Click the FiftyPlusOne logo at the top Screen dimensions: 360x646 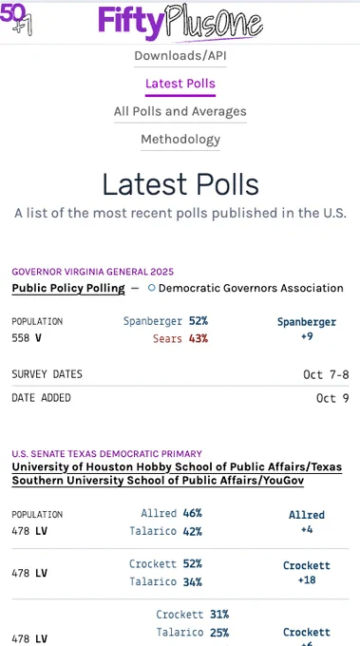tap(180, 22)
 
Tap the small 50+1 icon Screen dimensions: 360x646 tap(16, 19)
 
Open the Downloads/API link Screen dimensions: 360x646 tap(180, 56)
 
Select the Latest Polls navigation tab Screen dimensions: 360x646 tap(180, 84)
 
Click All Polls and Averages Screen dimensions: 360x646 tap(180, 111)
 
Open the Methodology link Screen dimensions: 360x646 tap(180, 140)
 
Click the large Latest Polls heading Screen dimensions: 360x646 tap(180, 184)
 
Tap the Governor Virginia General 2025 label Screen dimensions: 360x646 tap(93, 272)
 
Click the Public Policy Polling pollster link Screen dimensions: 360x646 tap(68, 289)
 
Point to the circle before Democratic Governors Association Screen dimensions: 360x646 tap(152, 288)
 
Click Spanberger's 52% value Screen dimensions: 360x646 tap(199, 321)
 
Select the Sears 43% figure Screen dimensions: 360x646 tap(199, 338)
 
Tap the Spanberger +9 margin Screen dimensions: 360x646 tap(307, 329)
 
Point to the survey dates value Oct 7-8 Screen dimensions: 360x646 tap(326, 374)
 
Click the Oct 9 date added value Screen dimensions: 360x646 tap(332, 398)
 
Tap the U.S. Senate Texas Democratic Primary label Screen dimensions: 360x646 tap(107, 454)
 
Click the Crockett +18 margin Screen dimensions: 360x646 tap(307, 573)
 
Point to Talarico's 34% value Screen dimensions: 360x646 tap(193, 581)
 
